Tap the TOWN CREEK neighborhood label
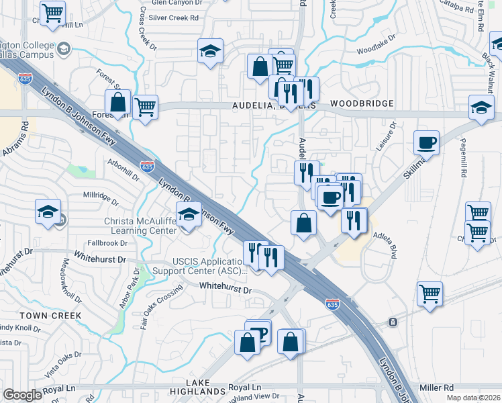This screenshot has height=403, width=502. point(50,315)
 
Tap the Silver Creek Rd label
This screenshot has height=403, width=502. point(174,17)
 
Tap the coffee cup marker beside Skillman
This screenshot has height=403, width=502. point(427,142)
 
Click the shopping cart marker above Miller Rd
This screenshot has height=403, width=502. point(430,294)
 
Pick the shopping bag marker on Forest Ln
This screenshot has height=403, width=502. point(118,103)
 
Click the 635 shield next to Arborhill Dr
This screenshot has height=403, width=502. point(148,166)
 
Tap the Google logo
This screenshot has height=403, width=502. point(23,395)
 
